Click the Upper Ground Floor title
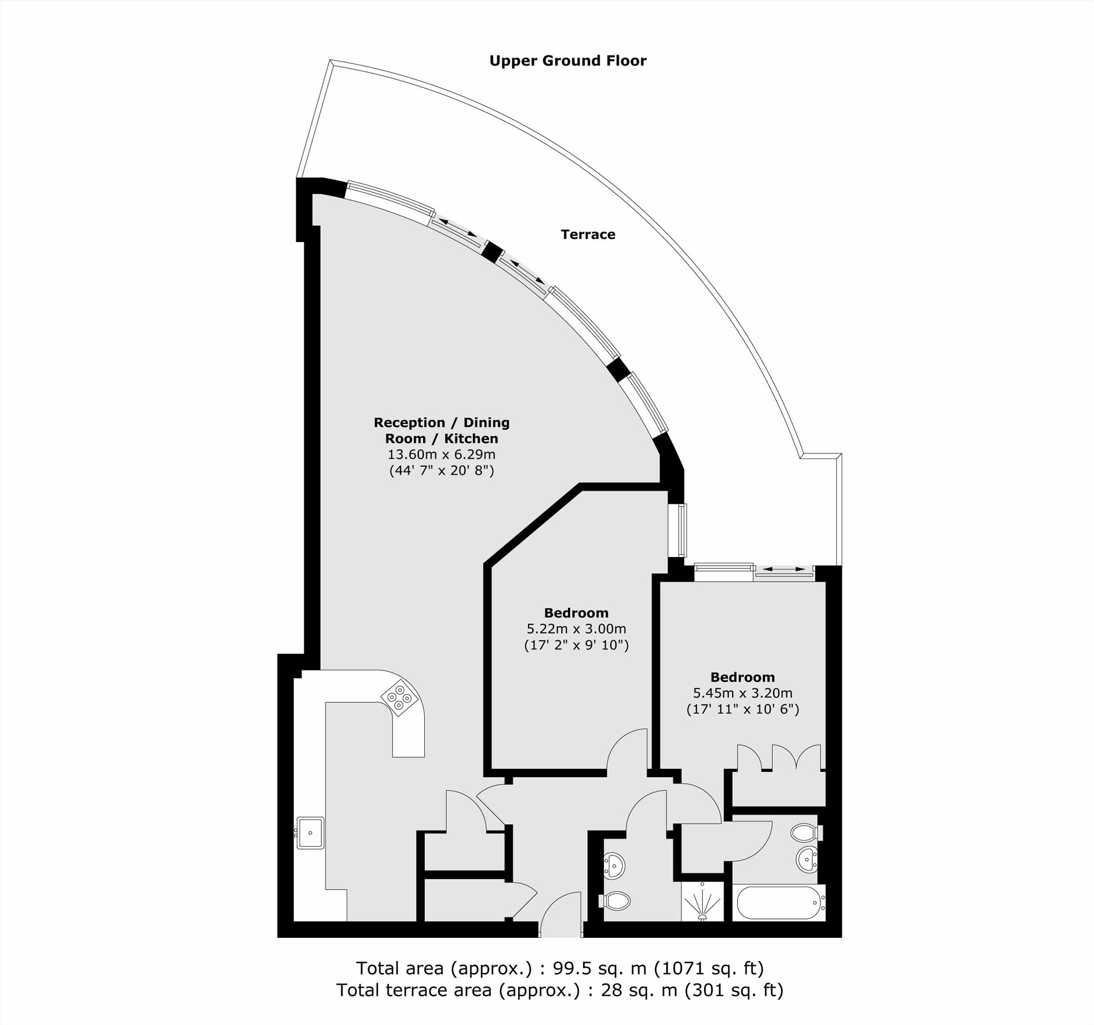tap(567, 60)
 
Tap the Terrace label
tap(588, 235)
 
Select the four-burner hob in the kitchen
tap(400, 699)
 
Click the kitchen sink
tap(311, 833)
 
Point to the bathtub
tap(779, 903)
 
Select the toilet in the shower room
tap(616, 901)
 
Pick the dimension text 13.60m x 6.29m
tap(441, 455)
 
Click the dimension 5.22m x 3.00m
tap(576, 629)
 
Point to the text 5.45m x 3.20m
tap(742, 693)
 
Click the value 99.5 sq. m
tap(593, 968)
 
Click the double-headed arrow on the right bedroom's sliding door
tap(783, 569)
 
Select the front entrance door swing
tap(560, 911)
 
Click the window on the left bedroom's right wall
tap(683, 530)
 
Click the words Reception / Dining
tap(441, 423)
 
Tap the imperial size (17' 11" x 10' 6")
tap(742, 709)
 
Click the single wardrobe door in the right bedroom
tap(749, 757)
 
